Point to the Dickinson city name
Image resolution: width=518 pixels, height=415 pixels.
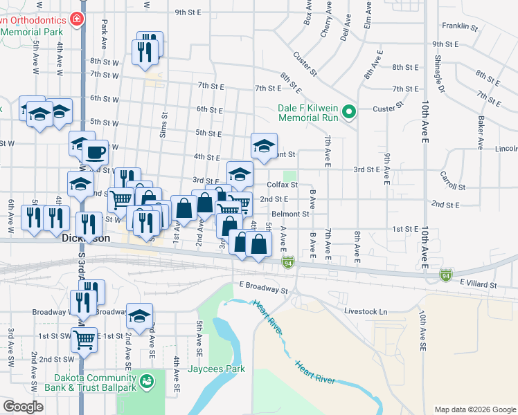click(85, 238)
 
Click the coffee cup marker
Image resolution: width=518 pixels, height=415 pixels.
click(95, 151)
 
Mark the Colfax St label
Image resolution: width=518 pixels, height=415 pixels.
click(283, 185)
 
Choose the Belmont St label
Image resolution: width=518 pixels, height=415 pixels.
click(290, 214)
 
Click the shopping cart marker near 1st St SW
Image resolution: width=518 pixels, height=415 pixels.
click(84, 340)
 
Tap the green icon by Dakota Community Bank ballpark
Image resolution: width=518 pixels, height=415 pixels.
click(146, 381)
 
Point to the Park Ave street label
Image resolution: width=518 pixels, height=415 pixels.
click(104, 30)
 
